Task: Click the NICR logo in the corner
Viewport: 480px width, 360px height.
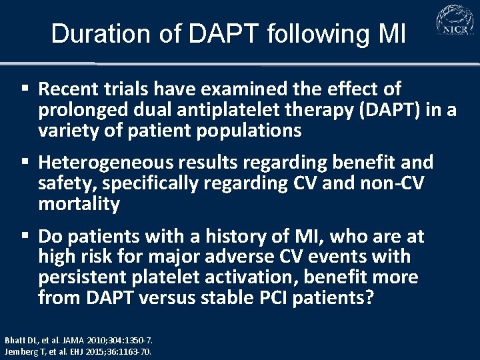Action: click(x=455, y=22)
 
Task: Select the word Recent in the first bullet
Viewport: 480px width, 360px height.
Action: click(x=69, y=89)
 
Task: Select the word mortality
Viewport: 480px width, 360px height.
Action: click(x=79, y=204)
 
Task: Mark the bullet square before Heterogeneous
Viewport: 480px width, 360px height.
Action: click(x=25, y=162)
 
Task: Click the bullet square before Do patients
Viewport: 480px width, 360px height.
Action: click(x=25, y=236)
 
